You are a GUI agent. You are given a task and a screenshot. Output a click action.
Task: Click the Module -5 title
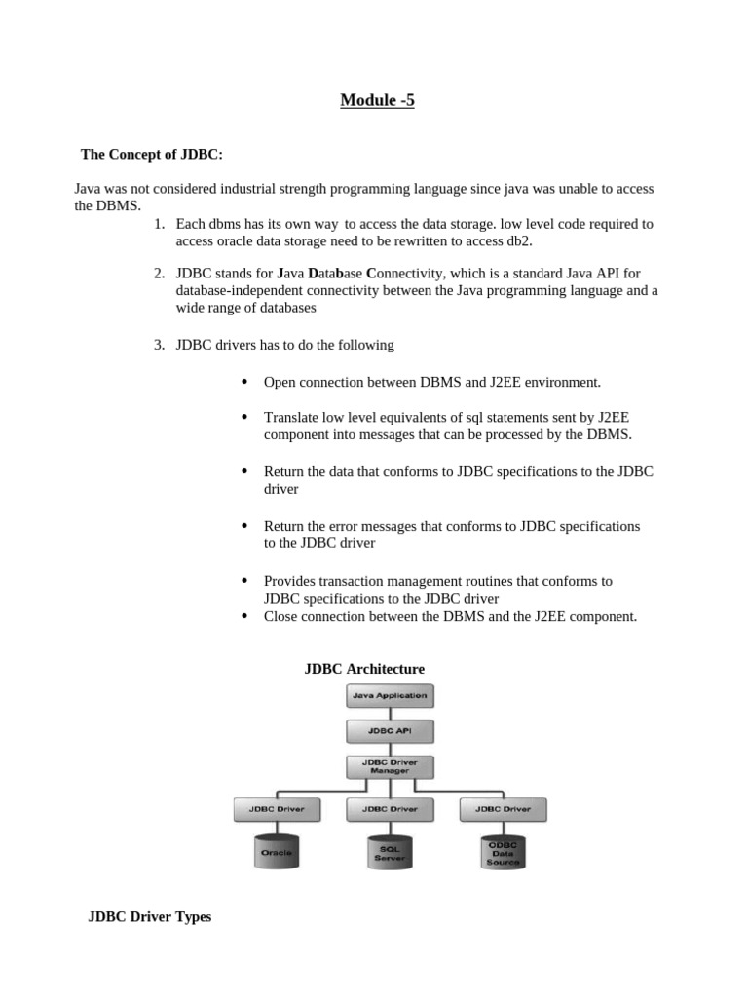[x=377, y=99]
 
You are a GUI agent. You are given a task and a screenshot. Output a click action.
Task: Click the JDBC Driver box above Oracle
[x=277, y=808]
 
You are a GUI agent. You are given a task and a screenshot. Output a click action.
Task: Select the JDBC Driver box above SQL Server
[x=390, y=808]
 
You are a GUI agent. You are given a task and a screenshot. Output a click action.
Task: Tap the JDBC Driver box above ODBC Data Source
[x=503, y=808]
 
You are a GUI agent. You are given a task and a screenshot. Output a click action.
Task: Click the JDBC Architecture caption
[x=364, y=669]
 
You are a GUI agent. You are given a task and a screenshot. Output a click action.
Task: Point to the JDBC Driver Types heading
[x=150, y=916]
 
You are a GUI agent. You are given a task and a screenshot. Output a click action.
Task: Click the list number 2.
[x=159, y=273]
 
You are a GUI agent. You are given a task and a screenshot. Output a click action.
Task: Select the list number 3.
[x=159, y=345]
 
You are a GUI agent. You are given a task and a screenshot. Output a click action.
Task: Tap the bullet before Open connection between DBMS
[x=244, y=382]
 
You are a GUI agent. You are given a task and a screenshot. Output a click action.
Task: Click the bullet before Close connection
[x=244, y=615]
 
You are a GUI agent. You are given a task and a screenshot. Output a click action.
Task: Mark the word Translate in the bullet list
[x=293, y=417]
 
